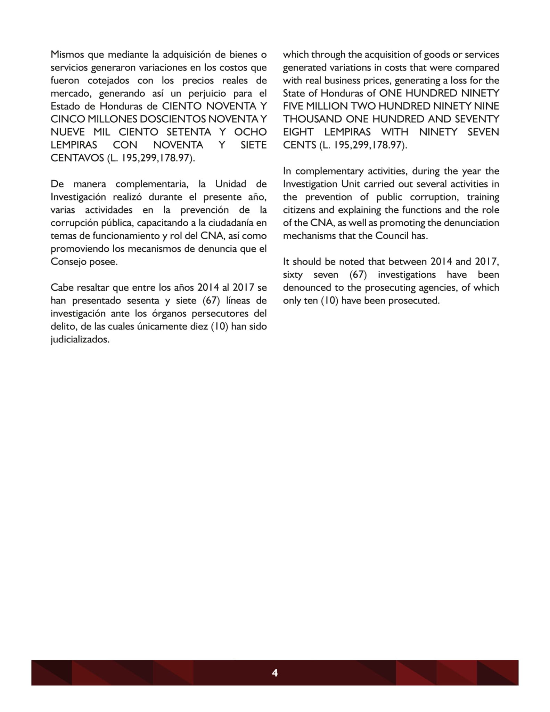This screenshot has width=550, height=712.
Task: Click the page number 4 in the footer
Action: click(x=274, y=673)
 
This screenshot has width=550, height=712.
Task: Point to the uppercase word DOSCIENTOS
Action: click(x=172, y=119)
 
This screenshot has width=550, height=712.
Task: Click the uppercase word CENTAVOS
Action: click(x=77, y=158)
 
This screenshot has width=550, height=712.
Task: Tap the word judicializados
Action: click(x=80, y=339)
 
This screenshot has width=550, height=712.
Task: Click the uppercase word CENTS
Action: click(x=299, y=145)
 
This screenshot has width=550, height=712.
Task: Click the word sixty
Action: click(x=293, y=275)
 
